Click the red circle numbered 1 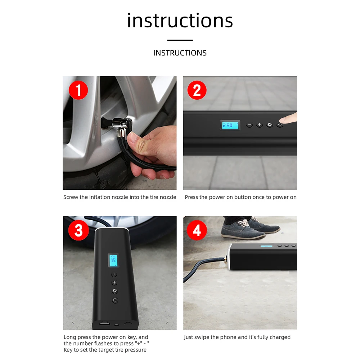click(78, 90)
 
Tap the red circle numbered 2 click(197, 90)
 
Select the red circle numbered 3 click(78, 230)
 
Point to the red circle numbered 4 click(197, 230)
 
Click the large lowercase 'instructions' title click(180, 21)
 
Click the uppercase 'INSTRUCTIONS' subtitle click(180, 53)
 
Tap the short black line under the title click(180, 40)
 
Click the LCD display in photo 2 click(230, 125)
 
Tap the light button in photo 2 click(270, 125)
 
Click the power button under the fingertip click(280, 125)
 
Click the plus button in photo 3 click(114, 283)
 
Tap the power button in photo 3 click(115, 300)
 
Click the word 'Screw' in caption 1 click(71, 197)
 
